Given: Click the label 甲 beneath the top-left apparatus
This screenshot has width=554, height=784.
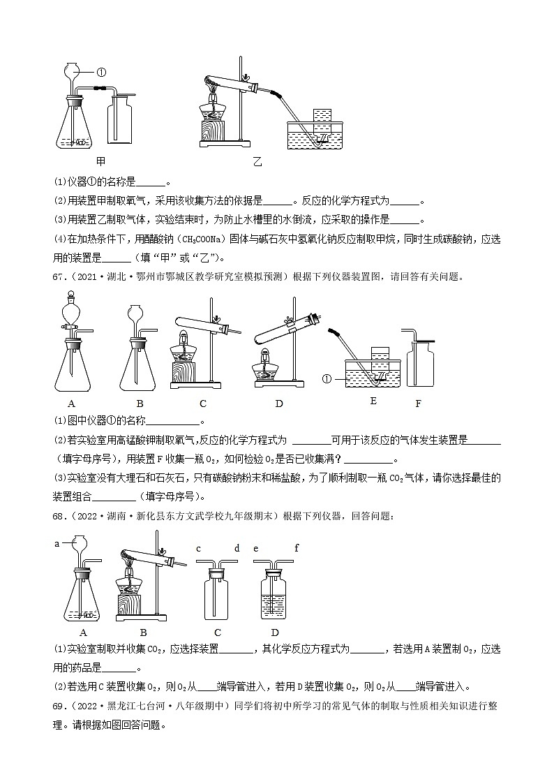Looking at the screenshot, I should pos(100,162).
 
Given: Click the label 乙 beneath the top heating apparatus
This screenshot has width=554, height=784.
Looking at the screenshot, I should pos(257,162).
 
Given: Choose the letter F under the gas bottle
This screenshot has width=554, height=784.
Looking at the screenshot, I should pos(418,403).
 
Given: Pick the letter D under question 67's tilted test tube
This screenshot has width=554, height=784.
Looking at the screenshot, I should pos(279,403).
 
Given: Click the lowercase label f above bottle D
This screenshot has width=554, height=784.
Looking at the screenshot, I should pos(296,548).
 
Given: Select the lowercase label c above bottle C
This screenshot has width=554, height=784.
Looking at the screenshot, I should pos(198,548).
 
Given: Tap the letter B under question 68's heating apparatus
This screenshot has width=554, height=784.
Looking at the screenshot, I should pos(143,633).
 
